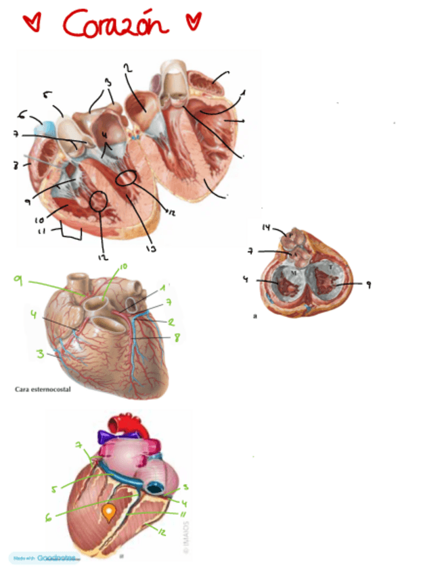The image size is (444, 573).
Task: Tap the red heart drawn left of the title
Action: pos(30,23)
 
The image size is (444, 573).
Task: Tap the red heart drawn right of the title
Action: pos(194,22)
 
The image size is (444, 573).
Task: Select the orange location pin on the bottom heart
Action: pos(108,514)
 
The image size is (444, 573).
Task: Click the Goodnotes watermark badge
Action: pos(45,558)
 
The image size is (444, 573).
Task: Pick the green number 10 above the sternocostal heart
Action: pos(123,268)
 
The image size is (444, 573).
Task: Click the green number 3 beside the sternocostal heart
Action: pos(41,353)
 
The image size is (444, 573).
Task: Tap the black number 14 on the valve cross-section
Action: pos(265,227)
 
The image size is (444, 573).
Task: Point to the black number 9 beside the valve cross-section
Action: pos(368,284)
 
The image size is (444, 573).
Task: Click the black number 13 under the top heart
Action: pos(150,249)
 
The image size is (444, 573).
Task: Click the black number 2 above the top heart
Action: pos(127,67)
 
